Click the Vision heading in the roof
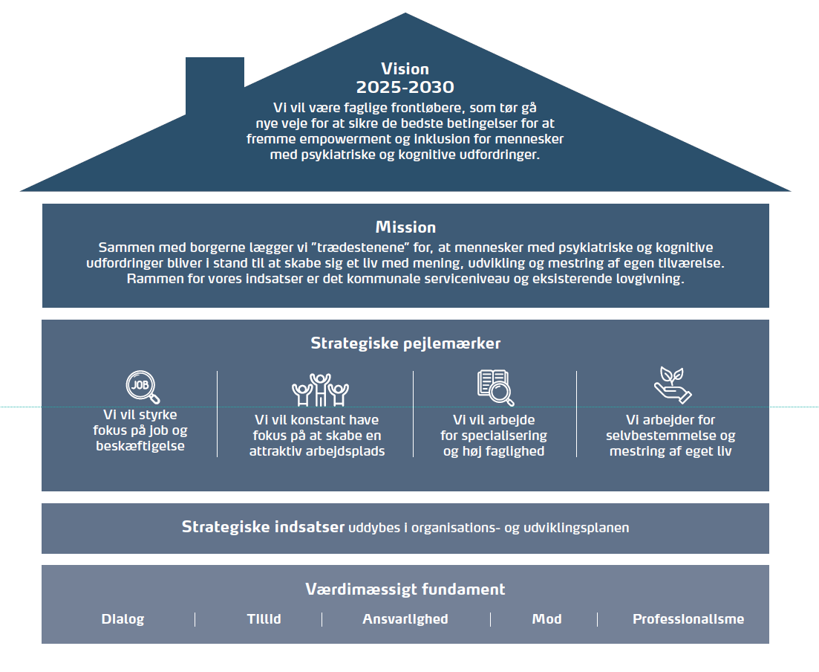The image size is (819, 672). [x=405, y=69]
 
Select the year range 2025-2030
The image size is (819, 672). [x=405, y=87]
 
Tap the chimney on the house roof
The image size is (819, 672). [x=215, y=84]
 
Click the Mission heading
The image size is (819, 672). [x=405, y=227]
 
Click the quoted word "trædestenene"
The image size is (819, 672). [x=359, y=247]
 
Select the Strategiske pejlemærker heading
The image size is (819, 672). [x=405, y=343]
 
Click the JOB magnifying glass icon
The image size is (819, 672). [x=143, y=387]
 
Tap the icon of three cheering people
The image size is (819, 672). [x=320, y=390]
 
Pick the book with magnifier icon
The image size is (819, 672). [x=496, y=387]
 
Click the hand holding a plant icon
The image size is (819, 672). [x=673, y=385]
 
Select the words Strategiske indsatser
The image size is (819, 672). [x=263, y=526]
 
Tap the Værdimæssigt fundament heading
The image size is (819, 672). [x=405, y=589]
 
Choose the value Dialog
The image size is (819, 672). [x=123, y=619]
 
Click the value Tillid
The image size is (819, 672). [x=264, y=619]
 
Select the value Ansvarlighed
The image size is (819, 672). [x=405, y=620]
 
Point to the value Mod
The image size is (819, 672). [x=547, y=619]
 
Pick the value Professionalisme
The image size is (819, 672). [x=688, y=619]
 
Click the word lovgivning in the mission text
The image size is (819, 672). [x=650, y=279]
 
